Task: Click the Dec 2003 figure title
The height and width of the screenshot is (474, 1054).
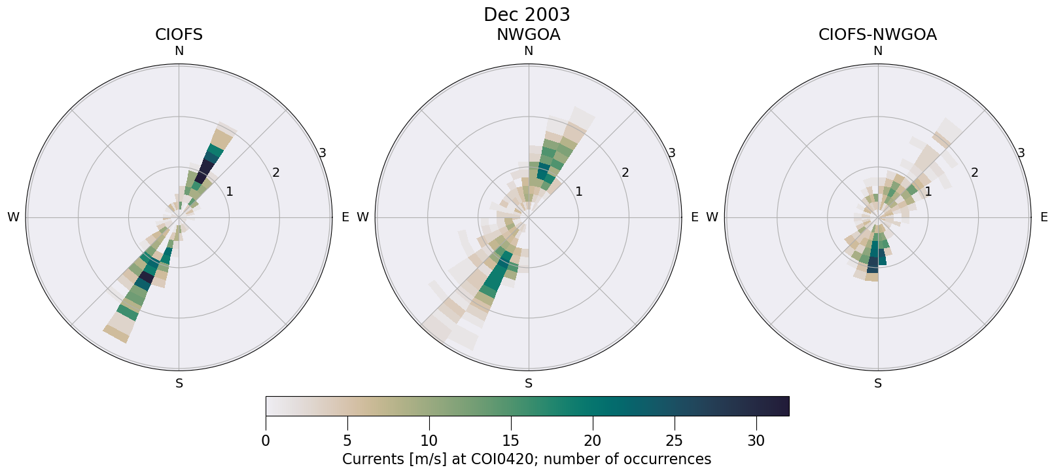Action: [527, 14]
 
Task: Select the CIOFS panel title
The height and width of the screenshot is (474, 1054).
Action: [179, 35]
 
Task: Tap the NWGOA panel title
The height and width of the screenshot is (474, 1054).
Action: [528, 35]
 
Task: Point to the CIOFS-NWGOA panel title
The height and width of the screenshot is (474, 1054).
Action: [877, 35]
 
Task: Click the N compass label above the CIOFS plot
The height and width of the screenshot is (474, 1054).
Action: [179, 51]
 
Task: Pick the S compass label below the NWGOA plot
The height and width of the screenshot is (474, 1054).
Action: [529, 384]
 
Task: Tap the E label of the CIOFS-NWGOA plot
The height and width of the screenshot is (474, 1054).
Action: [1044, 217]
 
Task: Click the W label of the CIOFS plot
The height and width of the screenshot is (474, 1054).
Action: [13, 217]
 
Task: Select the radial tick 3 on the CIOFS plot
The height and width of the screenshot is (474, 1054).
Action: [323, 153]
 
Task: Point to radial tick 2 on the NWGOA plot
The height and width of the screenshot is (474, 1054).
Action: [625, 173]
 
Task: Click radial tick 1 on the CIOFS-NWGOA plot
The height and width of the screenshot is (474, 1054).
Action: [928, 192]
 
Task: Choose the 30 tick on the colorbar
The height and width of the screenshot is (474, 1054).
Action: [756, 441]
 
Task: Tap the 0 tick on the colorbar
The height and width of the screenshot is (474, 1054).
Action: [266, 441]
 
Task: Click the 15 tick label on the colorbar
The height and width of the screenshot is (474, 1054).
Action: [510, 441]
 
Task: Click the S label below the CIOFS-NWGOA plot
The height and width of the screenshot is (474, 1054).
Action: [878, 384]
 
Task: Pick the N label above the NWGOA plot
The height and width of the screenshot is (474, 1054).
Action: [529, 51]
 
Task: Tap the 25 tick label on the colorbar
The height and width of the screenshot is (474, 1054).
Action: [674, 441]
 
